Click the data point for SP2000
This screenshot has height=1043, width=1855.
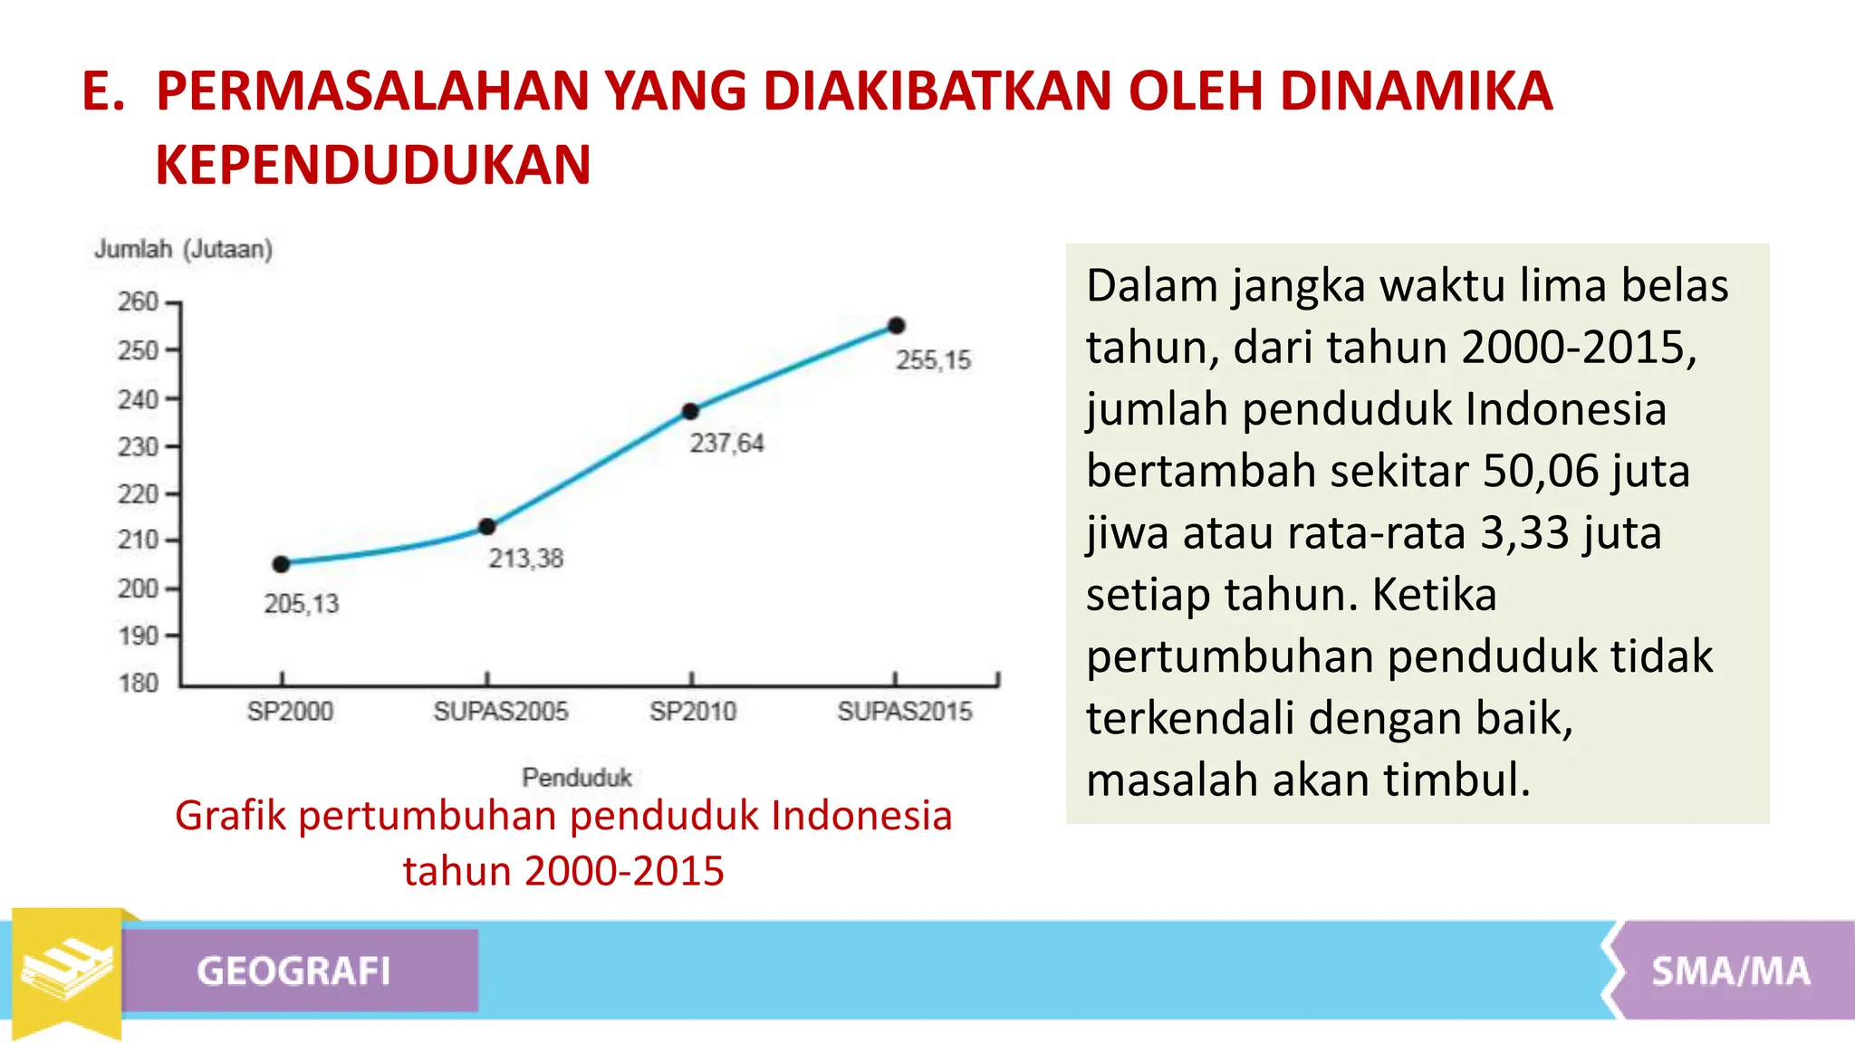[281, 564]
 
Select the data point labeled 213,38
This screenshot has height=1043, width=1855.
[487, 527]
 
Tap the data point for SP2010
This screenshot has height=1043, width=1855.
[690, 411]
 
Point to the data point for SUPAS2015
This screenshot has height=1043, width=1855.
[896, 326]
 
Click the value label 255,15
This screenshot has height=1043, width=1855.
[933, 360]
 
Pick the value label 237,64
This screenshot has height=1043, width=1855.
[726, 444]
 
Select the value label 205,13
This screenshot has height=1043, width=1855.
[301, 604]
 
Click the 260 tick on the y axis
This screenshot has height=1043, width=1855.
[138, 301]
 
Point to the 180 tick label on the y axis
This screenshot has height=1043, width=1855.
[138, 683]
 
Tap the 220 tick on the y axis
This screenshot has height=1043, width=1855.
[138, 494]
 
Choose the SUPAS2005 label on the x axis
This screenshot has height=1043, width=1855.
[500, 712]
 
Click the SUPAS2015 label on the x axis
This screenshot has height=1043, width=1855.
[904, 712]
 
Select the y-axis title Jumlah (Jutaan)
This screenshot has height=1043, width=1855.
[184, 249]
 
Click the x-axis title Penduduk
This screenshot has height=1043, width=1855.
[577, 777]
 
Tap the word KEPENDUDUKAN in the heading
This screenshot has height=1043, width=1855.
[373, 165]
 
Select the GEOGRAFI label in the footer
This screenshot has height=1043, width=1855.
[293, 971]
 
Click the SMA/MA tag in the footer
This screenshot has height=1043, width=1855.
[1730, 971]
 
